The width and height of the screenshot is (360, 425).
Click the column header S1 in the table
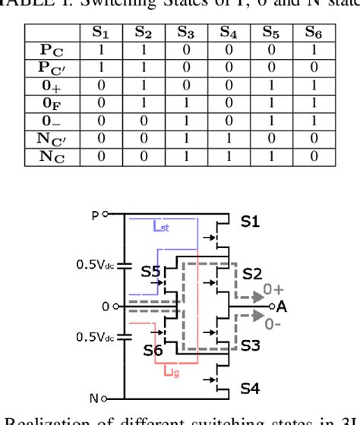pos(101,33)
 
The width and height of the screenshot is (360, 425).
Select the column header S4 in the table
pos(227,33)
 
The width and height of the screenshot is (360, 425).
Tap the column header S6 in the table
pos(311,33)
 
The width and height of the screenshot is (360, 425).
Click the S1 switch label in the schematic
pos(251,221)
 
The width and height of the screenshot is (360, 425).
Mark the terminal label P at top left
pos(96,215)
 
